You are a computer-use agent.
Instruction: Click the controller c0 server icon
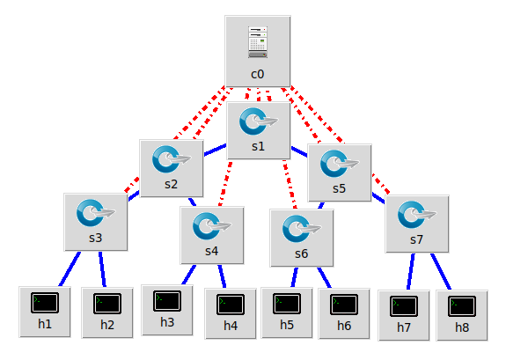[x=257, y=42]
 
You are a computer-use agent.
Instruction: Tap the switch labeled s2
[x=171, y=159]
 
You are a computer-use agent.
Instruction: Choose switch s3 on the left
[x=95, y=213]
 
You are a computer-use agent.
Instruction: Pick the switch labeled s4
[x=211, y=226]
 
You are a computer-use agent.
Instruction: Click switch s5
[x=340, y=163]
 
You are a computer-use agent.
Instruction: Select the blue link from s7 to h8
[x=440, y=271]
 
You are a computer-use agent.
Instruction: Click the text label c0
[x=257, y=74]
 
